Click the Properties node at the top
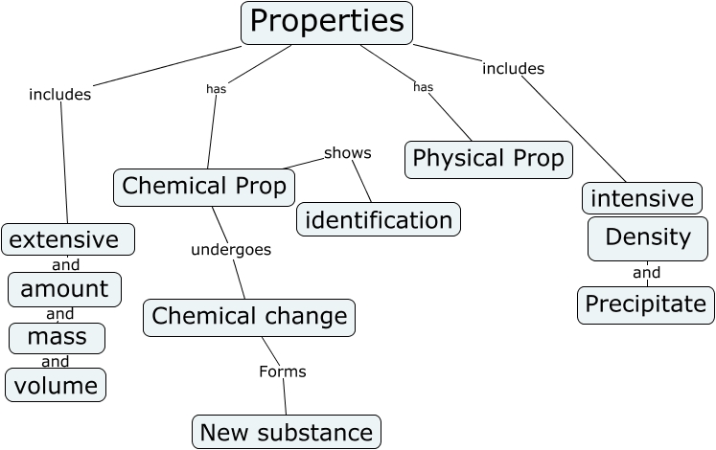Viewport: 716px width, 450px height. (326, 22)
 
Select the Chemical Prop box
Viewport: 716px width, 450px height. (204, 187)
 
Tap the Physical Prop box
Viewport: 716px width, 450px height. (489, 159)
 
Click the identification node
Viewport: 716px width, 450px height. (378, 219)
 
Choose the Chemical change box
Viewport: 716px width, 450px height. (249, 317)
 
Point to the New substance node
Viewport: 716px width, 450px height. (287, 432)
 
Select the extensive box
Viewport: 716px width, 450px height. (67, 239)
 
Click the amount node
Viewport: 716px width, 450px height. (64, 289)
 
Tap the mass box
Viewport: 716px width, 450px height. (57, 337)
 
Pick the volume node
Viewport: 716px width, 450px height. (56, 386)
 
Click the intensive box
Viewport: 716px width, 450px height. (641, 198)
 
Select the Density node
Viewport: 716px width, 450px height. (648, 238)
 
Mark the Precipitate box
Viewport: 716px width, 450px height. (646, 304)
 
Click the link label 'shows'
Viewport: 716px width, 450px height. (347, 152)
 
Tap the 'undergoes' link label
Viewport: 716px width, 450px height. (231, 250)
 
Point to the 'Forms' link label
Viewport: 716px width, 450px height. (283, 371)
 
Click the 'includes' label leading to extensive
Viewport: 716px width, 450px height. (60, 94)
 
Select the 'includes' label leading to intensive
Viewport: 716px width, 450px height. (513, 68)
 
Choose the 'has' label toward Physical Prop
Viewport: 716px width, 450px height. (423, 87)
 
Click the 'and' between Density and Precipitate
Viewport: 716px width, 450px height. (647, 273)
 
